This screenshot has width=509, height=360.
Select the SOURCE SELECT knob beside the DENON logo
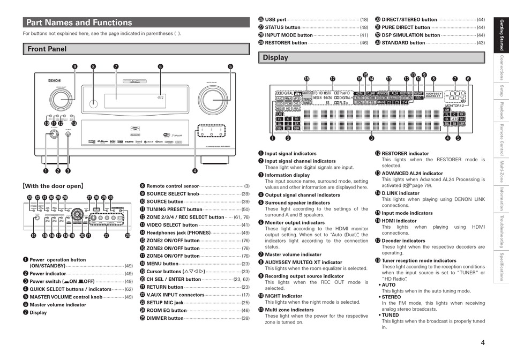click(x=54, y=97)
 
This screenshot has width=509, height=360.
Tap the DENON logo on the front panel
click(x=54, y=81)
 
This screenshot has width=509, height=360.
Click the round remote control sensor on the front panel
click(x=94, y=103)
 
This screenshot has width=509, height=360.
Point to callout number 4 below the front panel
click(x=195, y=171)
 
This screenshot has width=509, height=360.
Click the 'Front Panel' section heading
click(x=47, y=49)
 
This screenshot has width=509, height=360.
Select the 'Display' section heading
click(x=275, y=57)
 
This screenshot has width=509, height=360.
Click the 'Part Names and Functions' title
click(x=79, y=22)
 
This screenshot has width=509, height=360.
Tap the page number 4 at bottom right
click(x=483, y=343)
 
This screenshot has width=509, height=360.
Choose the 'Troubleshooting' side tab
click(x=501, y=229)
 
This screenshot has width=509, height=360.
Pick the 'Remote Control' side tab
click(x=501, y=139)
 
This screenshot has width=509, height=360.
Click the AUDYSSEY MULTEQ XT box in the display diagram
click(x=433, y=94)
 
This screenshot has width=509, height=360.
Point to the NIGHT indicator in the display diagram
click(x=418, y=93)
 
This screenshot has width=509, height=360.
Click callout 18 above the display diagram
click(x=306, y=79)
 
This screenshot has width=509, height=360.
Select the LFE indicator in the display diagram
click(x=280, y=114)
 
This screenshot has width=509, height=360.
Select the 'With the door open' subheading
click(x=53, y=186)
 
